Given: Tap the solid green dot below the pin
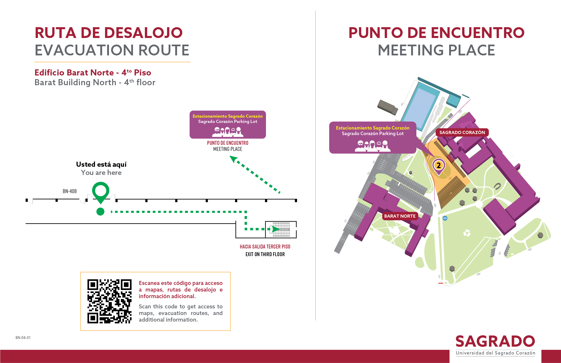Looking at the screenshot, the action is coord(100,212).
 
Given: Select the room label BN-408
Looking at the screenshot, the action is coord(70,191).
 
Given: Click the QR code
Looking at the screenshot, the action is coord(109,301).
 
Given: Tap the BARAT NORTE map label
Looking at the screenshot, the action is coord(400,216).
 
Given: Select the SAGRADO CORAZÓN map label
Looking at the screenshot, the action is coord(462,132).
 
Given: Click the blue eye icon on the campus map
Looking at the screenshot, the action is coord(445,218).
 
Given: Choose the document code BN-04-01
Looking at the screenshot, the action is coord(23,338).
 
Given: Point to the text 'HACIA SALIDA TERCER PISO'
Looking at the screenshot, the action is coord(265,247).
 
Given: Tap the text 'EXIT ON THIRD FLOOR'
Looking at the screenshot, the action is coord(265,254).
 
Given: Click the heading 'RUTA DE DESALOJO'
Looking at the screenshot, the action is coord(109,33).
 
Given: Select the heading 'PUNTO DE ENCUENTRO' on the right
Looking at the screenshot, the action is coord(436,33).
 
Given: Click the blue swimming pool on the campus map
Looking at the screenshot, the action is coord(419,106).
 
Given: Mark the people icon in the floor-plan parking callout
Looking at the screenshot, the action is coord(228,132).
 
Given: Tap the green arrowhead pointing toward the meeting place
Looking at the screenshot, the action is coord(234,159).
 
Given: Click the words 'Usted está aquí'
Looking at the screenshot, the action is coord(101,164).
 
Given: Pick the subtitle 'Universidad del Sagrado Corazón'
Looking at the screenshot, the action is coord(496,353).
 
